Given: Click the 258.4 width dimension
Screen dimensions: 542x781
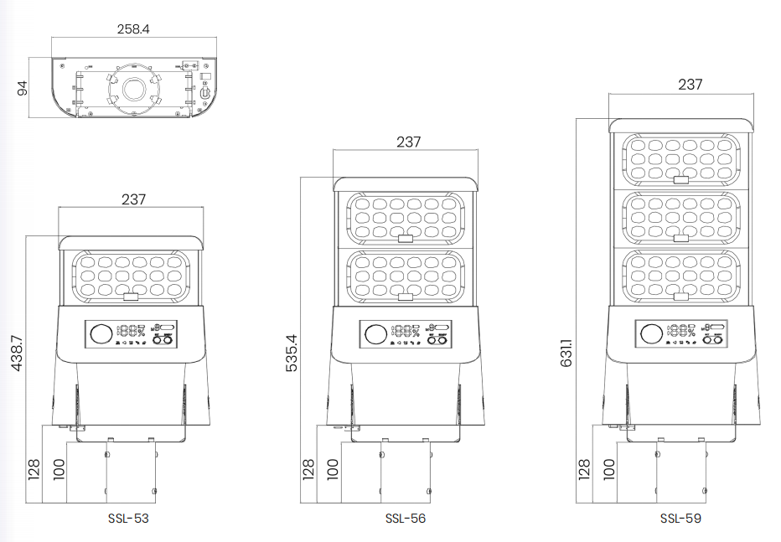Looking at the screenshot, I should pos(133,28).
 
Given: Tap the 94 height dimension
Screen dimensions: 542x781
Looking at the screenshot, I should pos(23,87).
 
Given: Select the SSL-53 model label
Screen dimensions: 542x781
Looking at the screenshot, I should pos(128,519).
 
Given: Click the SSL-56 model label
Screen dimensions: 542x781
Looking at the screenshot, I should pos(406,519).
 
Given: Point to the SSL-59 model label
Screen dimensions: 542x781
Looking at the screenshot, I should pos(680,519).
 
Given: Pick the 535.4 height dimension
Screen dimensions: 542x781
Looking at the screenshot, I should pos(292,355).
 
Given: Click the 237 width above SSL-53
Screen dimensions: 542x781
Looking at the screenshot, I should pos(133,199).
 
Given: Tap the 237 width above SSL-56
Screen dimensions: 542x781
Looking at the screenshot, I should pos(408,142).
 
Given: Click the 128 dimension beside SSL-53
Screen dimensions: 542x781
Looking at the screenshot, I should pos(34,470).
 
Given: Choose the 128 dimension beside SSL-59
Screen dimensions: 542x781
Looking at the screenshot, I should pos(584,470).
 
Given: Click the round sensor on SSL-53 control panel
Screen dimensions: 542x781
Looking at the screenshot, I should pos(101,334).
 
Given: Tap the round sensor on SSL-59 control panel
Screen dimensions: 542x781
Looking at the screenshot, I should pos(650,334).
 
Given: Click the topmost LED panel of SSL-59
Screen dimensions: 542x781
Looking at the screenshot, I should pos(680,158).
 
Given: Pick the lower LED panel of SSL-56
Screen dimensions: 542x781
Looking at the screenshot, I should pos(406,276).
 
